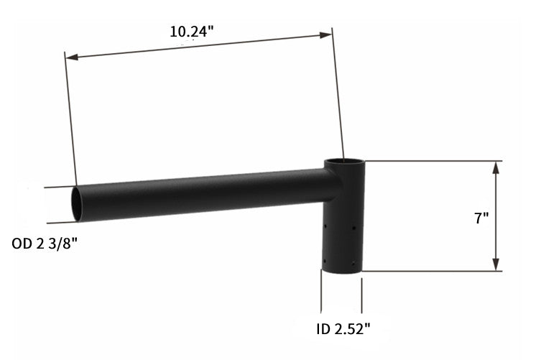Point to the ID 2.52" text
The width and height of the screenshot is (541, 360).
(343, 330)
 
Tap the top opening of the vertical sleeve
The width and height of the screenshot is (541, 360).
(343, 162)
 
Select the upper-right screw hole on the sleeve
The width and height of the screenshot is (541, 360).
(353, 229)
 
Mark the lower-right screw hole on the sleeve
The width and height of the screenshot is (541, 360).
(352, 261)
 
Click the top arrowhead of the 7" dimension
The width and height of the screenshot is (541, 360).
(496, 166)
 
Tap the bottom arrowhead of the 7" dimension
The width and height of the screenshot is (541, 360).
(496, 267)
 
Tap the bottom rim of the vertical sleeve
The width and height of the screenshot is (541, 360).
(342, 272)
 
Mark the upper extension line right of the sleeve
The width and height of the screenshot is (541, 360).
(431, 161)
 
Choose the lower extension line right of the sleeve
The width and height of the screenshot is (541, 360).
(431, 272)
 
